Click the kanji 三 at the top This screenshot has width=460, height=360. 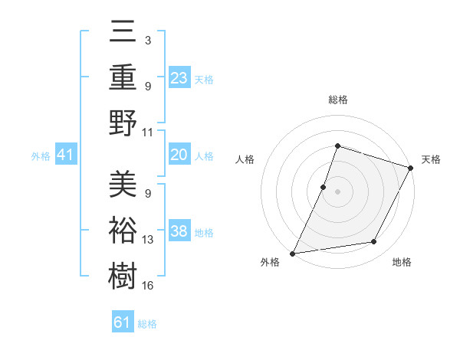(x=123, y=33)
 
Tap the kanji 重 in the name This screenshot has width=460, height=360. (x=123, y=77)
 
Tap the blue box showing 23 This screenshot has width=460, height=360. (x=179, y=77)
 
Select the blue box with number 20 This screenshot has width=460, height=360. (x=179, y=155)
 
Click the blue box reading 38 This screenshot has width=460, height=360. (x=179, y=231)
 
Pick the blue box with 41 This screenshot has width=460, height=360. (x=65, y=155)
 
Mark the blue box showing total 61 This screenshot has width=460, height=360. (x=123, y=322)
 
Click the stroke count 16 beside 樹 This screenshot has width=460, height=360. (x=148, y=286)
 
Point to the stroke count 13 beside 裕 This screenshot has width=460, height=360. (x=148, y=240)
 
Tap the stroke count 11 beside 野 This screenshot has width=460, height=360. (x=148, y=132)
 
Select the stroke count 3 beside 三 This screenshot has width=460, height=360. (x=147, y=38)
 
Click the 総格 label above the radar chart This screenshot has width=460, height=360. (x=337, y=100)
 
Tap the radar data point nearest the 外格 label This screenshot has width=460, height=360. (x=293, y=253)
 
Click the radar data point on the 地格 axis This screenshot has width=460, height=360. (x=374, y=242)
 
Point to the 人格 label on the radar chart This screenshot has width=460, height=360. (x=245, y=159)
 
